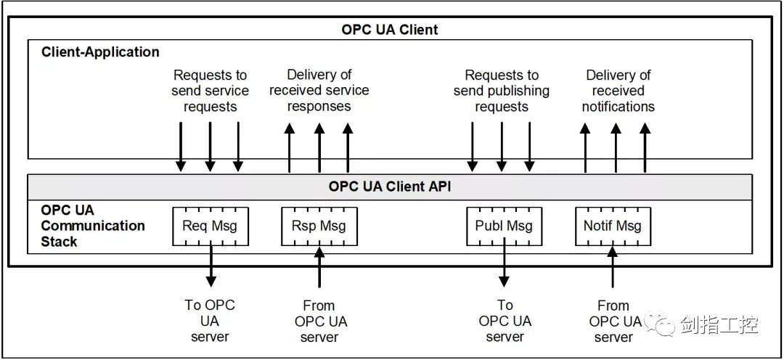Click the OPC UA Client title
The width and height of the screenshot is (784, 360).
point(390,30)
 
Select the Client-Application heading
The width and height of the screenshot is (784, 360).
point(100,52)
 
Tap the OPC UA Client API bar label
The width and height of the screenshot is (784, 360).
point(390,187)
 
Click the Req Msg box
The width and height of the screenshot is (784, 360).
point(210,226)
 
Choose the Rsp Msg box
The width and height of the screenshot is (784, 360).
point(319,226)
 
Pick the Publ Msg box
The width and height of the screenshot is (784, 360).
point(504,226)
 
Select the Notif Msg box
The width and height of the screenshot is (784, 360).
point(613,226)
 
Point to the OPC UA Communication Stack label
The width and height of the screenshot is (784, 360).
point(93,226)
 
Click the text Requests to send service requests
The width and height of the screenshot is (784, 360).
point(210,91)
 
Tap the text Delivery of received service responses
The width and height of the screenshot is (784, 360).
point(319,91)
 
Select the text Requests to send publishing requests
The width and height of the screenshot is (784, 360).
point(502,91)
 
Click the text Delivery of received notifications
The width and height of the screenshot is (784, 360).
point(618,91)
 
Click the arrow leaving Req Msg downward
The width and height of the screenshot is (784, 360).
point(211,267)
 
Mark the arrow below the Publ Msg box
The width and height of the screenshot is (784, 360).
point(504,267)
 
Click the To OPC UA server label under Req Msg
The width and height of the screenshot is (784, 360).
point(210,321)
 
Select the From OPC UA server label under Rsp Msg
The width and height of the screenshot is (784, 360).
point(319,322)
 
